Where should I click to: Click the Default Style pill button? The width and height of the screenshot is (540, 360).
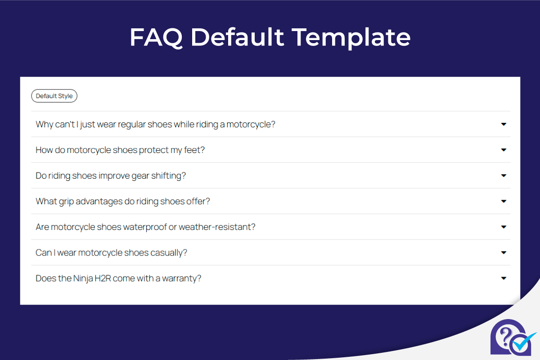[x=54, y=96]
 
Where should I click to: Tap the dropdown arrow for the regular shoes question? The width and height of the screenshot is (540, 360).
[x=504, y=124]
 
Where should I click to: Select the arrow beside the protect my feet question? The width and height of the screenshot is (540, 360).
[x=504, y=150]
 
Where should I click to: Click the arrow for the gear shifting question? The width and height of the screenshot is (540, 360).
[x=504, y=175]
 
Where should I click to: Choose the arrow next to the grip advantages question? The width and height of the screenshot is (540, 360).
[x=504, y=201]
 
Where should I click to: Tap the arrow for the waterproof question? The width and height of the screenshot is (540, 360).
[x=504, y=227]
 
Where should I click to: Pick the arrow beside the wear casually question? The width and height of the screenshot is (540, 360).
[x=504, y=252]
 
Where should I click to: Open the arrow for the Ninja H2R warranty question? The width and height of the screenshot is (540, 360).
[x=504, y=278]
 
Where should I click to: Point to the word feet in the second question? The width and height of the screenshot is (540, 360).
[x=193, y=150]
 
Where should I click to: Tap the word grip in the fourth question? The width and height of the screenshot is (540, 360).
[x=66, y=201]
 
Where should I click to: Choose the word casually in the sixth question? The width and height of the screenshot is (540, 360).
[x=169, y=252]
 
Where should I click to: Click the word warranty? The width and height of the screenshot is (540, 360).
[x=182, y=278]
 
